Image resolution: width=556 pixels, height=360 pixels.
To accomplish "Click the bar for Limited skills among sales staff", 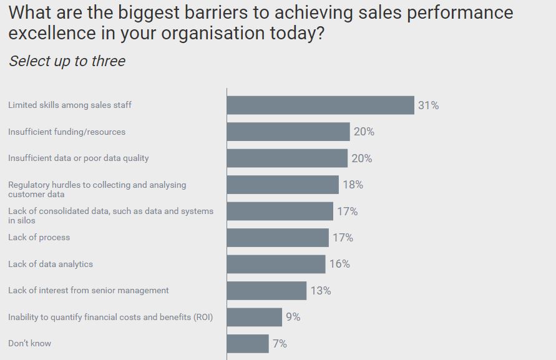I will pos(320,105).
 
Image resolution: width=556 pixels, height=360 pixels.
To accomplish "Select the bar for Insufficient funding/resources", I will pos(288,132).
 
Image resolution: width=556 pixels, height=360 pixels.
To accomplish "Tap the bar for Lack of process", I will pos(278,238).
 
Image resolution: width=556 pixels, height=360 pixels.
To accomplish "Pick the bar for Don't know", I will pos(248,344).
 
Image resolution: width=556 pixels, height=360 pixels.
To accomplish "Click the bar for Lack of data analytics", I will pos(276,264).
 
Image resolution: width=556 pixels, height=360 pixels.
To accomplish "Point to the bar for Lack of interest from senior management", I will pos(266,291).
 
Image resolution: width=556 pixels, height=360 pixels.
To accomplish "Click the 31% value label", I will pos(429,105).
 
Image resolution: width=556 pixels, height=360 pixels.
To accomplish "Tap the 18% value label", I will pos(353,185).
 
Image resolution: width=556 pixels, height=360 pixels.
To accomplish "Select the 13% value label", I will pos(321,291).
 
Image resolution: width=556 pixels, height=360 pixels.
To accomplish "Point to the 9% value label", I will pos(293,317).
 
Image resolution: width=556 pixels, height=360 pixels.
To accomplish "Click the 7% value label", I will pos(280,344).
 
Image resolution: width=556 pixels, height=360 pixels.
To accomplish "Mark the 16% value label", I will pos(339,264).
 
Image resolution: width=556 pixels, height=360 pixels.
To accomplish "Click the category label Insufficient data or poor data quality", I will pos(78,158).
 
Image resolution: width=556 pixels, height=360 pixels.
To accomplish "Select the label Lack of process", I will pos(39,238).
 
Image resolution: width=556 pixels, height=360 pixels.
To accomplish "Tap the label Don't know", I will pos(29,344).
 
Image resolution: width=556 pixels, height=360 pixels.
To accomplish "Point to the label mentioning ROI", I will pos(110,317).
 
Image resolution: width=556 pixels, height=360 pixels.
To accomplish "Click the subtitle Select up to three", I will pos(67,61).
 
